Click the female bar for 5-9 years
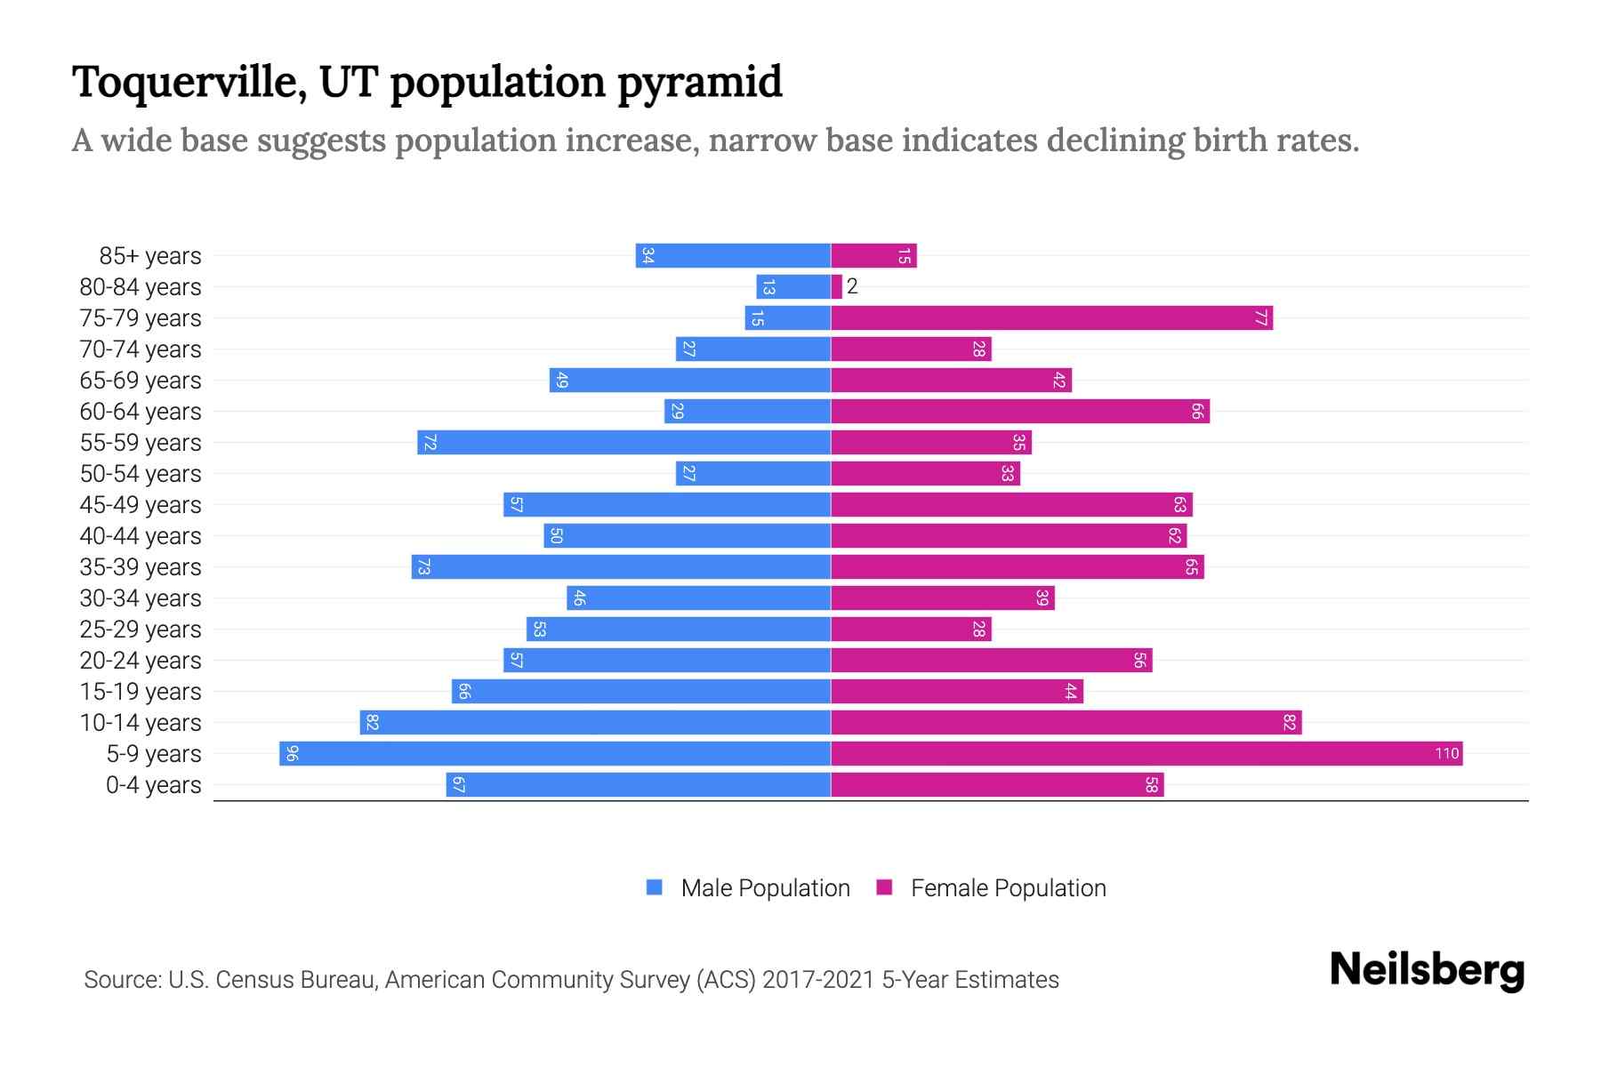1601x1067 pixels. pos(1146,754)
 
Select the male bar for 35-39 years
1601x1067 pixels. pos(621,567)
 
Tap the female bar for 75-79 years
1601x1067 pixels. pos(1051,318)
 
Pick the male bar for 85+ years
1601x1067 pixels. pos(733,256)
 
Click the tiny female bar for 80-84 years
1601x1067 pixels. pos(836,287)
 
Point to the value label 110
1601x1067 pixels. pos(1446,754)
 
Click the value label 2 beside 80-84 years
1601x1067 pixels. pos(852,286)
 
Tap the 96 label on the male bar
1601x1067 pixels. pos(292,754)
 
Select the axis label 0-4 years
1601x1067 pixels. pos(153,785)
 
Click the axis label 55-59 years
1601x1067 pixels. pos(141,443)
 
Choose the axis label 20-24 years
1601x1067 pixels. pos(141,661)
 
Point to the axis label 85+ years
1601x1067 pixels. pos(150,256)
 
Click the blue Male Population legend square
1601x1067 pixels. pos(655,887)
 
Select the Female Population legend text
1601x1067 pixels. pos(1008,888)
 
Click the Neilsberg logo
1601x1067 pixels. pos(1427,970)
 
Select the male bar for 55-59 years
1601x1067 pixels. pos(624,443)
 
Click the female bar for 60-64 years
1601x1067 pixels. pos(1019,412)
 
